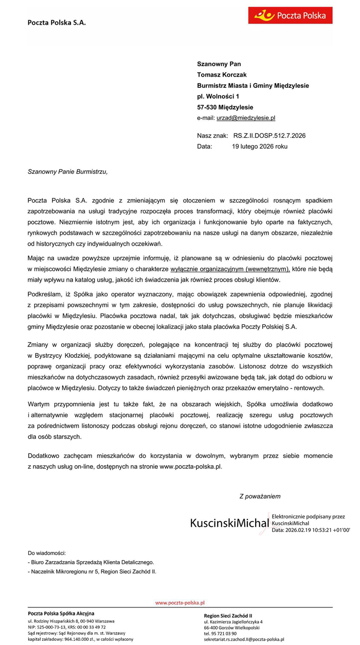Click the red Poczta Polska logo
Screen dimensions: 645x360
pos(290,15)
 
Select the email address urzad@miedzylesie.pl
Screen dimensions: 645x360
pos(246,118)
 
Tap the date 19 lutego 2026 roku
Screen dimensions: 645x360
pos(260,146)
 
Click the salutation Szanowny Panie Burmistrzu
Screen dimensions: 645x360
pos(67,172)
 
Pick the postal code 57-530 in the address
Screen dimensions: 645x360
pos(207,107)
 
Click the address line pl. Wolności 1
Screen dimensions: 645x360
pos(218,96)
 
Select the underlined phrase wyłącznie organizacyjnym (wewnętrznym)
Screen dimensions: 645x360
pos(230,268)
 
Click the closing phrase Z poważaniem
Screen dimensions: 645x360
pos(260,496)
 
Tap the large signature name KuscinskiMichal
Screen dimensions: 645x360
pos(229,523)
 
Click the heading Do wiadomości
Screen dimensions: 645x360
pos(47,553)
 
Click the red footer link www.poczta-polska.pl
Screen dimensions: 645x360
pos(180,602)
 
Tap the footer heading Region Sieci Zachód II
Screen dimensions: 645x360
pos(228,616)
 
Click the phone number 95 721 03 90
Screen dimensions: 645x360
pos(227,633)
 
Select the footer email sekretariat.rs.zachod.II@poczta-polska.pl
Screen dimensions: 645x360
pos(244,639)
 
